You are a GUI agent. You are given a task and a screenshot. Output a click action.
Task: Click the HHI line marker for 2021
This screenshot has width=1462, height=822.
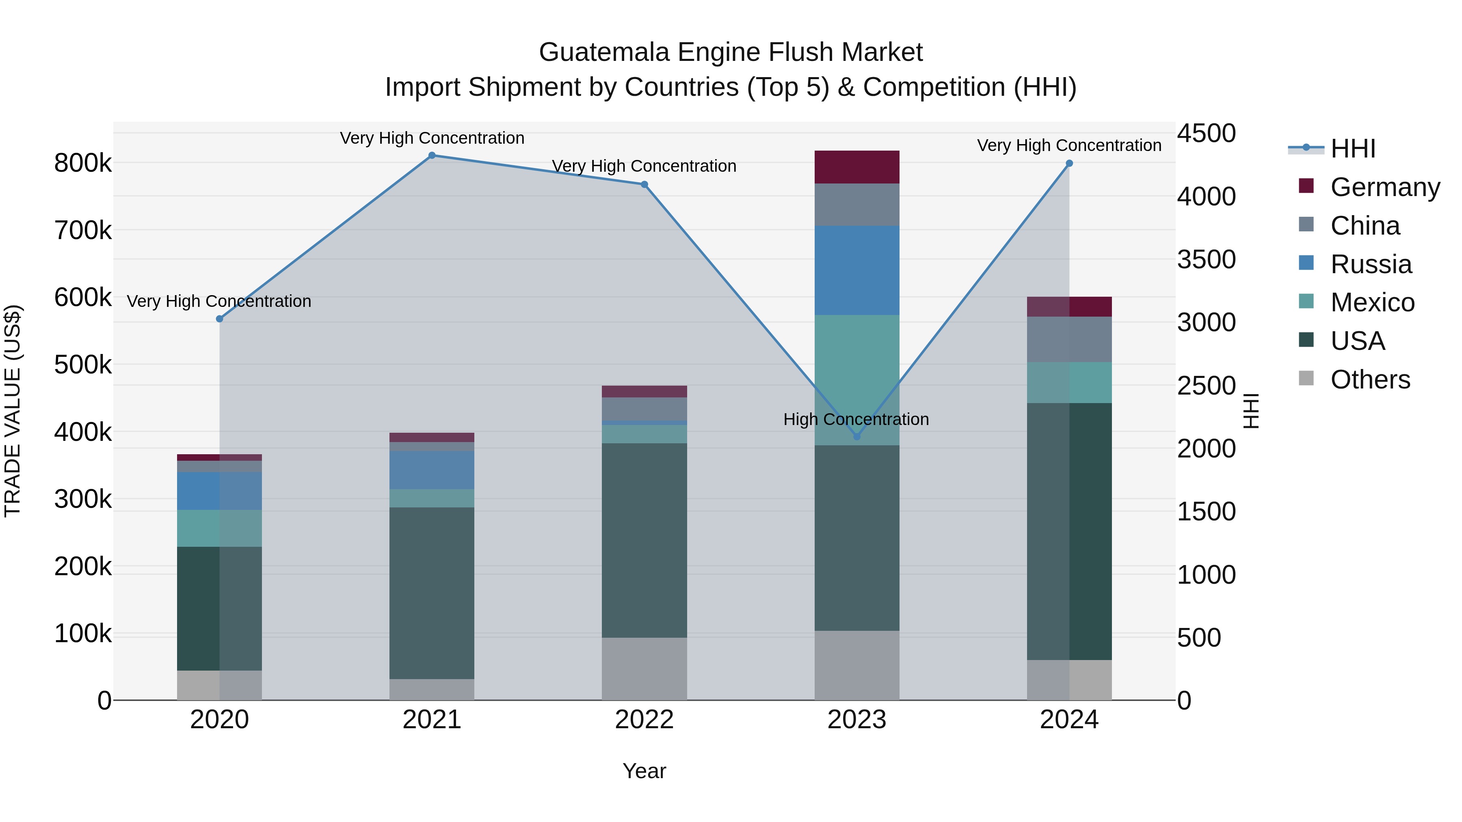[x=432, y=155]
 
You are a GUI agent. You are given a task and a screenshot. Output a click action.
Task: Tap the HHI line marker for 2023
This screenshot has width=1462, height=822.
[x=857, y=437]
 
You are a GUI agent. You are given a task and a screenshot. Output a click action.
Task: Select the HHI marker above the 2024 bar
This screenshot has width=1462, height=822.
[x=1069, y=163]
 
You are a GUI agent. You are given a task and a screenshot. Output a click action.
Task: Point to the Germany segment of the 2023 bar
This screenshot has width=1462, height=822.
[x=857, y=167]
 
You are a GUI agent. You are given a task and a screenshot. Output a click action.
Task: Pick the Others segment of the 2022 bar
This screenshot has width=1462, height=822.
[x=644, y=669]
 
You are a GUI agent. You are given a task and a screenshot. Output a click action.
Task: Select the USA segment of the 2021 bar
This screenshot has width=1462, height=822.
[x=432, y=593]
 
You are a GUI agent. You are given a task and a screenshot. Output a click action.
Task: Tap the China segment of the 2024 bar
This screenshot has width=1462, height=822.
[x=1069, y=339]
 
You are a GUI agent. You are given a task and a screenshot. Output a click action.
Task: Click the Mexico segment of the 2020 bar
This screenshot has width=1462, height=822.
[x=220, y=528]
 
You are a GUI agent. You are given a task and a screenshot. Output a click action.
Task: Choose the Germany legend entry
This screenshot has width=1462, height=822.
[x=1385, y=187]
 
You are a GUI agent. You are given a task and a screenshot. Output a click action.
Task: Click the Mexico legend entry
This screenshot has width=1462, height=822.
[x=1372, y=302]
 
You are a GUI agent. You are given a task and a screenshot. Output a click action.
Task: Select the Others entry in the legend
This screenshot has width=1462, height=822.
[x=1370, y=380]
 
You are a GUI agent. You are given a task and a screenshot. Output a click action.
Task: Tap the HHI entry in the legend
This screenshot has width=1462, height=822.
[x=1353, y=149]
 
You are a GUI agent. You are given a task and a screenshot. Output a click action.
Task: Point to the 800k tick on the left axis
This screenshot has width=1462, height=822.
[x=83, y=163]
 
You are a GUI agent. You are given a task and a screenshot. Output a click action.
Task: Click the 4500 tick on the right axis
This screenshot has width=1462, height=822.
[x=1206, y=134]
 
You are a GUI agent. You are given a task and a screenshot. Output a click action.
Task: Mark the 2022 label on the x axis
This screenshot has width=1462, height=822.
[x=644, y=720]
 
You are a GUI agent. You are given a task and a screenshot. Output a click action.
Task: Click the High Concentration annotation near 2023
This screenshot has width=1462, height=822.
[x=856, y=419]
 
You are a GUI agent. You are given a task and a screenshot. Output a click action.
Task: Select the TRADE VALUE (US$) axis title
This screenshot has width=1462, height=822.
[x=13, y=411]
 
